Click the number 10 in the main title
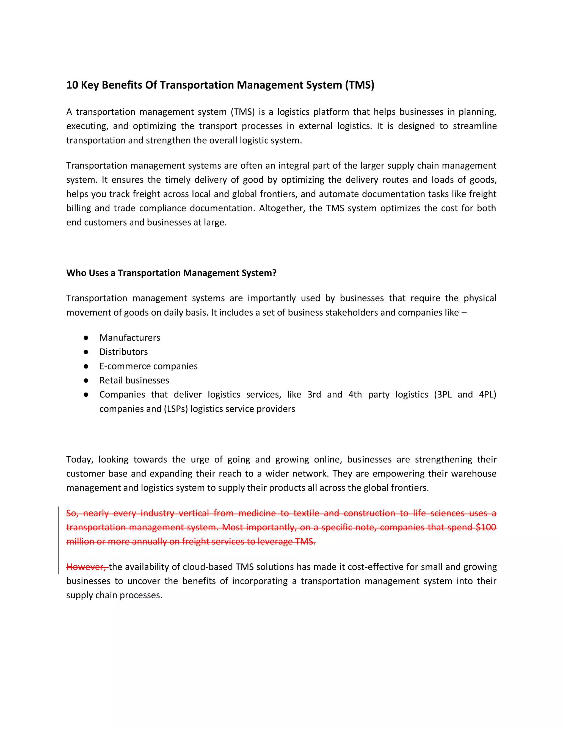point(72,85)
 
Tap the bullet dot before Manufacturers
point(86,338)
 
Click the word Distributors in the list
point(123,352)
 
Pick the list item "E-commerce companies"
point(148,366)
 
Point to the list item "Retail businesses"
point(134,380)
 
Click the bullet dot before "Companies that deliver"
point(86,394)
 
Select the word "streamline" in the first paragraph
point(474,126)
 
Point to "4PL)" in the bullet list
point(487,394)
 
